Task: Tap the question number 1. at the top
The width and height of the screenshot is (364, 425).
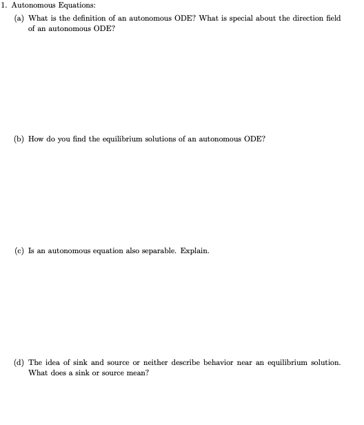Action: [4, 6]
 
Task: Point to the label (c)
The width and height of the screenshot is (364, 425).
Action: [20, 250]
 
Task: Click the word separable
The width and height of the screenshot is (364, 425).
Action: [156, 250]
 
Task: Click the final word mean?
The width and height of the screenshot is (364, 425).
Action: [145, 373]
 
